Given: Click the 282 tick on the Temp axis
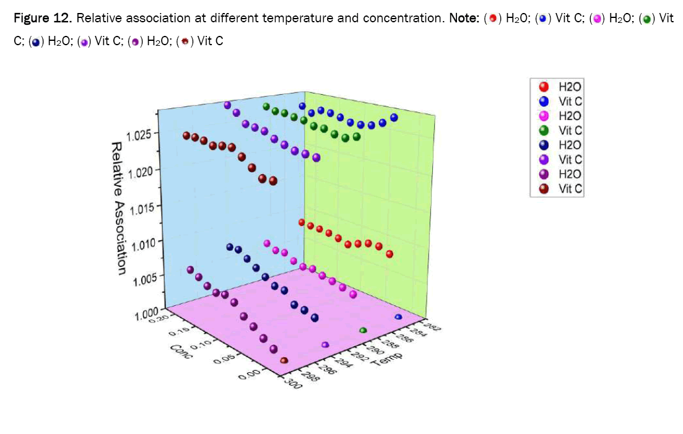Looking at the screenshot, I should click(432, 328).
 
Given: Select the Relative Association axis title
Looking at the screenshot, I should click(118, 207).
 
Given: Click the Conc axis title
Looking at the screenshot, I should click(181, 354).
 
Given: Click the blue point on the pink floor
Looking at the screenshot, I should click(398, 317).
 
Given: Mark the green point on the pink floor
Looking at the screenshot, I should click(363, 331).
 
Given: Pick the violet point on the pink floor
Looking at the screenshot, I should click(325, 344).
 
